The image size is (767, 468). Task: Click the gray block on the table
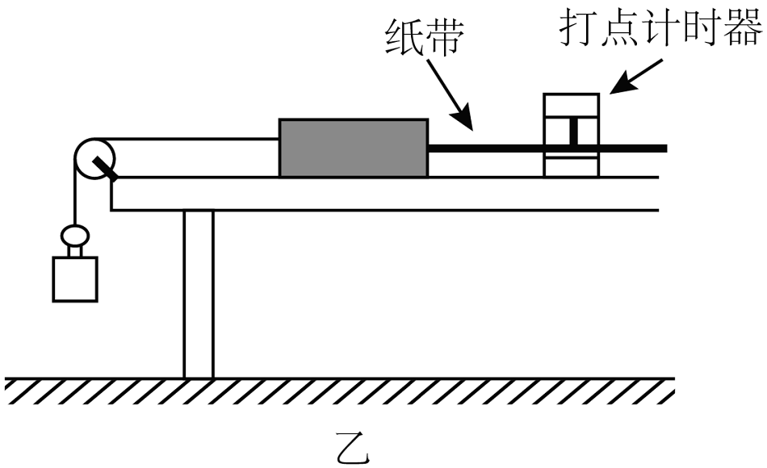click(x=353, y=148)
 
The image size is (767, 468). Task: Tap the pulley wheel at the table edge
click(x=94, y=157)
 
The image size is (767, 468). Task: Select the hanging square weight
click(x=75, y=278)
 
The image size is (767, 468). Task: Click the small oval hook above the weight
click(x=75, y=236)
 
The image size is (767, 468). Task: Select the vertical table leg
click(x=199, y=295)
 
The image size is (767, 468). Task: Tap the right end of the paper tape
click(x=662, y=148)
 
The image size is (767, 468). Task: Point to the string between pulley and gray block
click(x=194, y=139)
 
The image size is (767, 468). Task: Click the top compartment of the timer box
click(x=572, y=106)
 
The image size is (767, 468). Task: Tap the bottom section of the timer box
click(x=572, y=166)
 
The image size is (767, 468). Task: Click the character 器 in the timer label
click(x=746, y=31)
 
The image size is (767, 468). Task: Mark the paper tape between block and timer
click(x=484, y=148)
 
